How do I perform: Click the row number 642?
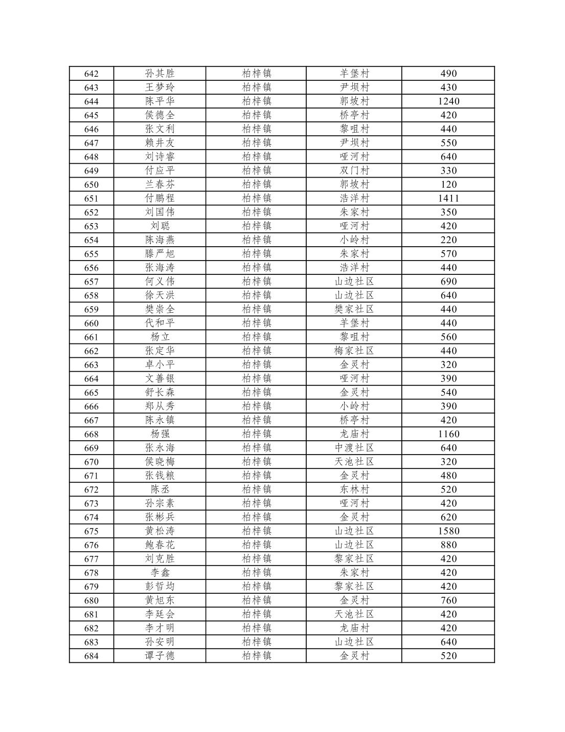click(x=91, y=74)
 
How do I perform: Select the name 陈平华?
click(x=160, y=101)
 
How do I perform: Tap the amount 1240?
click(x=448, y=101)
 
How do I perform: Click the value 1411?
click(x=448, y=199)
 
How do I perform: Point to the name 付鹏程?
click(x=160, y=199)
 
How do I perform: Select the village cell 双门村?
click(x=354, y=171)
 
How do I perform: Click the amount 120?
click(x=448, y=185)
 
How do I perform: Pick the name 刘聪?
click(x=160, y=226)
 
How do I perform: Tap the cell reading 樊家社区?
click(x=354, y=309)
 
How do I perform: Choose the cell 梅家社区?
click(x=354, y=351)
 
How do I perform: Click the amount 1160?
click(x=448, y=434)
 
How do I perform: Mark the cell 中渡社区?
click(x=354, y=448)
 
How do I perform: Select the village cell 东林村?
click(x=354, y=489)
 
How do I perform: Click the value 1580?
click(x=448, y=531)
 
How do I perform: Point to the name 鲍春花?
click(x=160, y=545)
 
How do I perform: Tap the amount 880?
click(x=448, y=545)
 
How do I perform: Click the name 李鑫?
click(x=160, y=573)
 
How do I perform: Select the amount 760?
click(x=448, y=600)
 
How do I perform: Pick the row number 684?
click(x=91, y=656)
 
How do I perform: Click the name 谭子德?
click(x=160, y=656)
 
